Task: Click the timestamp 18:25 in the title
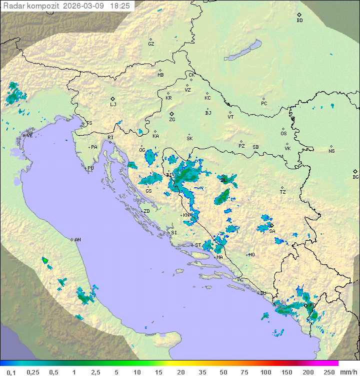pos(120,6)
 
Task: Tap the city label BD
pos(299,21)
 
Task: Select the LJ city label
pos(113,105)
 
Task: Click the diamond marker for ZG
pos(171,114)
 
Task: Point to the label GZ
pos(151,44)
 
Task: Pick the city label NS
pos(331,151)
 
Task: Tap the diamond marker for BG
pos(355,171)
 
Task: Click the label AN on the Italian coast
pos(77,240)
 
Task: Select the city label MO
pos(251,255)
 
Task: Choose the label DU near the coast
pos(263,294)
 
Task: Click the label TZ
pos(282,192)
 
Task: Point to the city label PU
pos(90,168)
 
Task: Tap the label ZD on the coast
pos(146,211)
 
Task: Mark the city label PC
pos(264,104)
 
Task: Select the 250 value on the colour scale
pos(329,372)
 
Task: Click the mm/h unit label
pos(347,372)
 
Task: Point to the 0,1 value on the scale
pos(11,372)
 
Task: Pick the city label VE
pos(29,136)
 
